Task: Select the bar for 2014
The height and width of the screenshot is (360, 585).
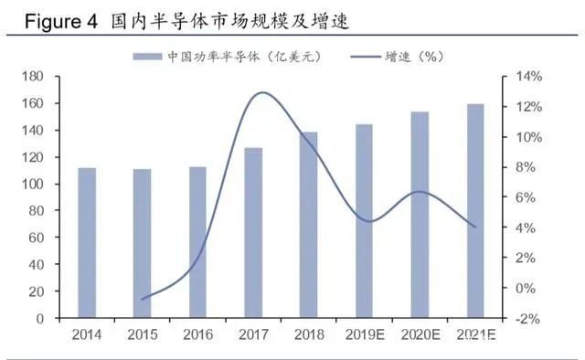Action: coord(87,243)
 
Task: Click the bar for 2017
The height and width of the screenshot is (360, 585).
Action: coord(254,233)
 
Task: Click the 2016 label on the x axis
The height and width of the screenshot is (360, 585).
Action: coord(198,334)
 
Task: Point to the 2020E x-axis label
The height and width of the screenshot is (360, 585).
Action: coord(420,334)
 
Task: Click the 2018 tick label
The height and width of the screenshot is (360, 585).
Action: coord(309,334)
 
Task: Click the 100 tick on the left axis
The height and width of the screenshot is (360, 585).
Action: coord(37,185)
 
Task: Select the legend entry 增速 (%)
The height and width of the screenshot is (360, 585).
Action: coord(413,57)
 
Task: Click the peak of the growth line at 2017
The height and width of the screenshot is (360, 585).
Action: coord(261,92)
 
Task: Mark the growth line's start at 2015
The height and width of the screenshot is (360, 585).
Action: coord(143,299)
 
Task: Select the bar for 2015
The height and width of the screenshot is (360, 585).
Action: coord(143,244)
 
